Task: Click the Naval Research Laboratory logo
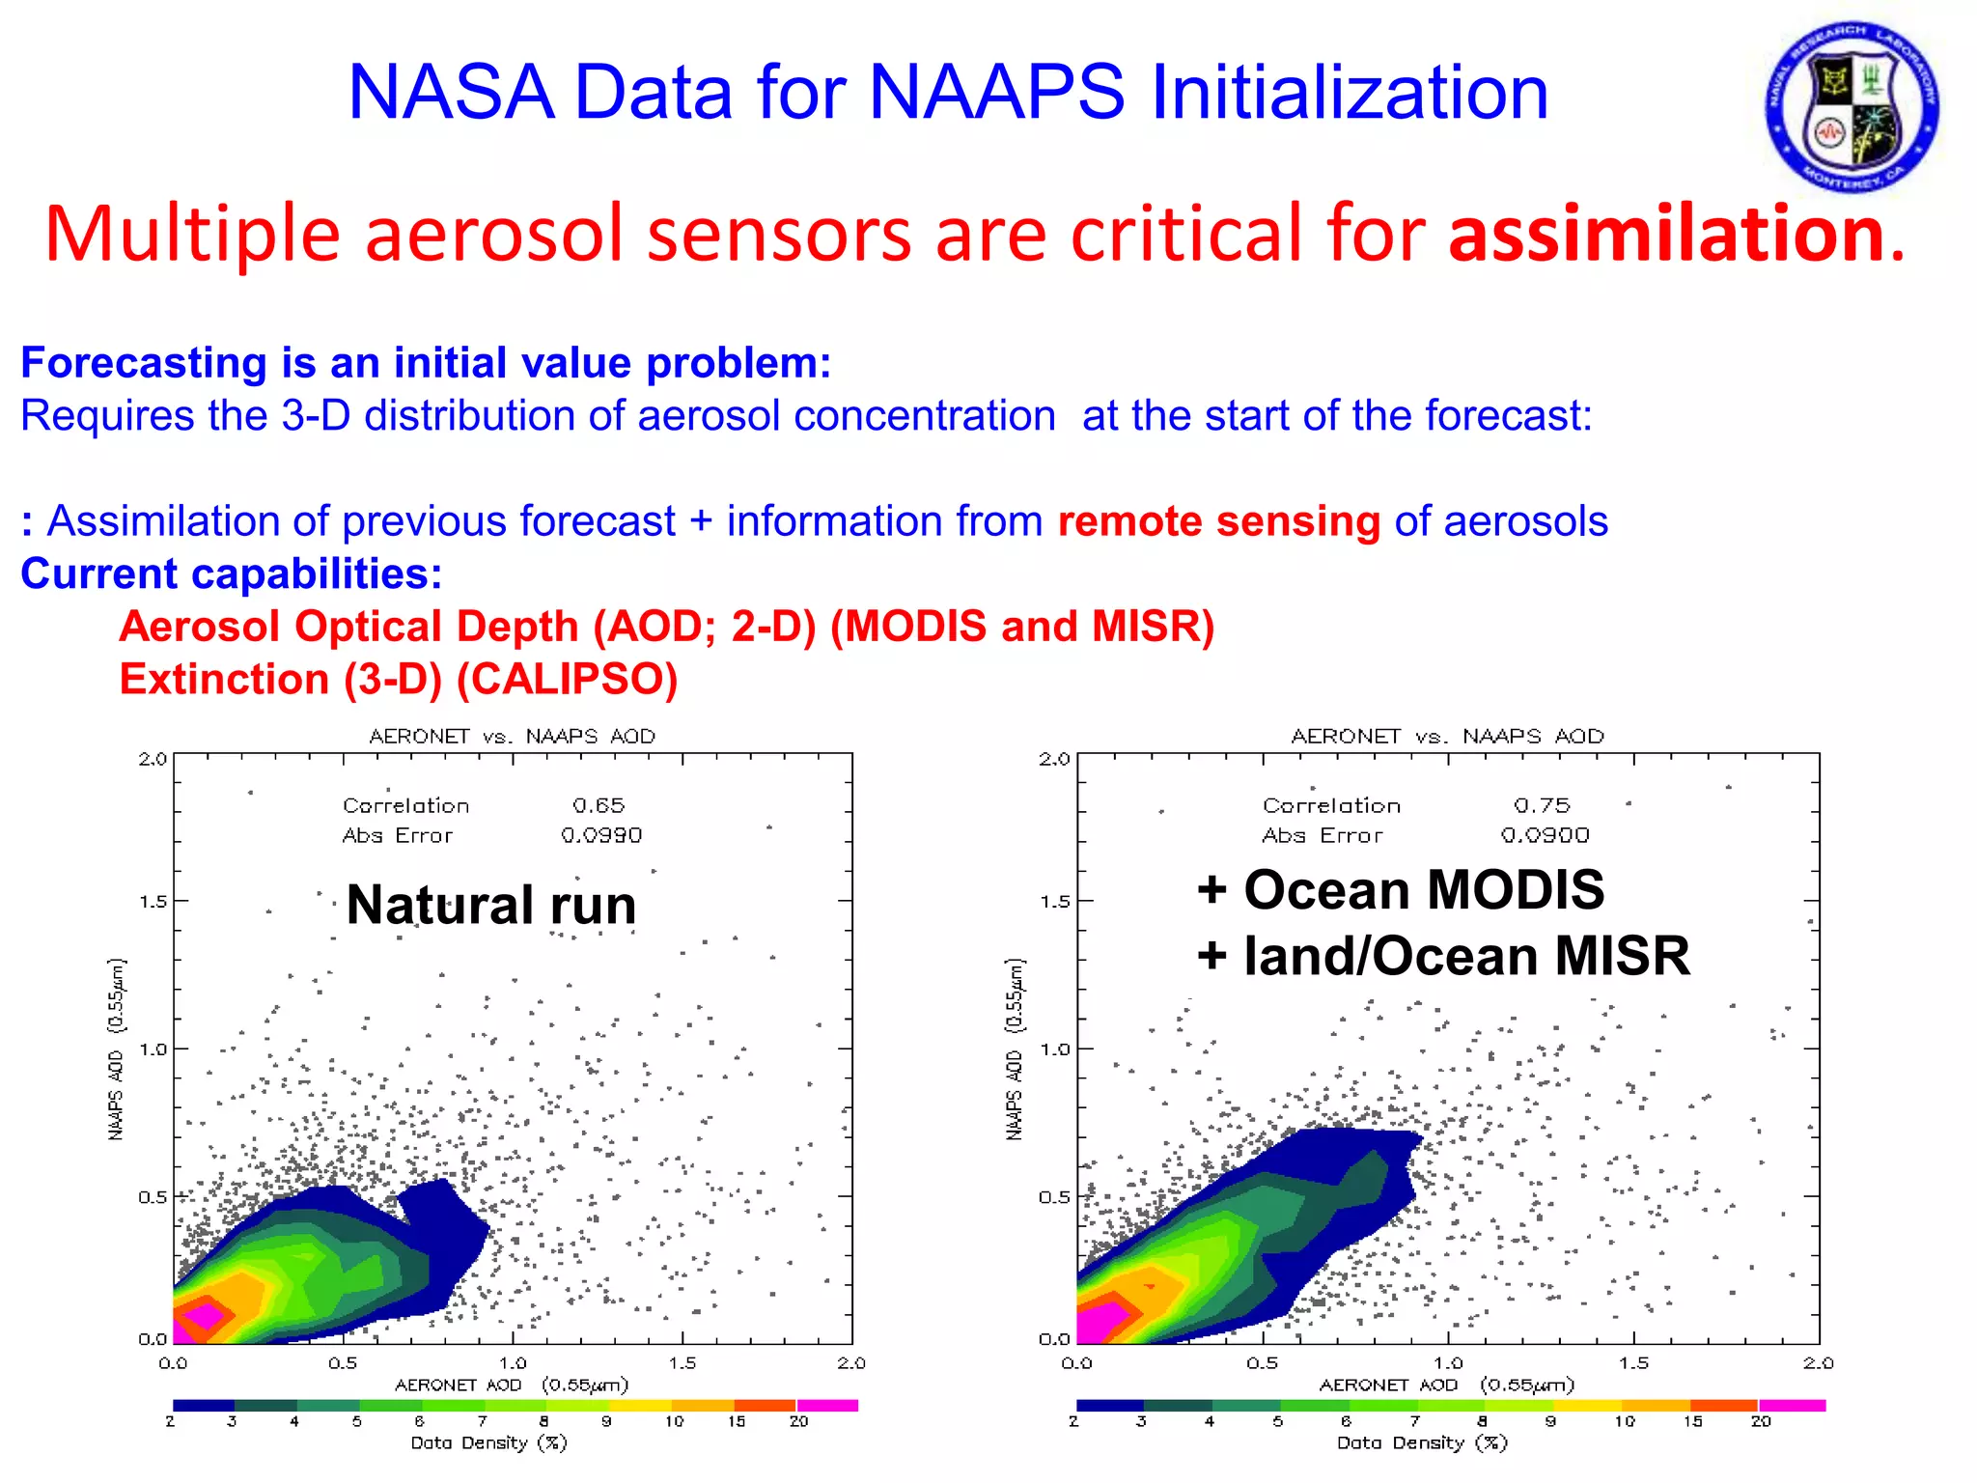pos(1852,106)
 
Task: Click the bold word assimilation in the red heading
pos(1666,234)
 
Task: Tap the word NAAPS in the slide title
pos(996,93)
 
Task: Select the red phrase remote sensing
pos(1219,521)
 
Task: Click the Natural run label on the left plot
pos(490,906)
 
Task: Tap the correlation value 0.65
pos(599,805)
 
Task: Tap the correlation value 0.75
pos(1542,805)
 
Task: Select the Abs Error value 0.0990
pos(601,835)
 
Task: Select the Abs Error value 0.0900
pos(1545,835)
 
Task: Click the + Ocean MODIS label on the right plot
pos(1400,889)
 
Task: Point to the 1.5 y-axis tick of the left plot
pos(153,902)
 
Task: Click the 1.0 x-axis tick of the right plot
pos(1448,1363)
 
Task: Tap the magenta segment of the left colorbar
pos(827,1406)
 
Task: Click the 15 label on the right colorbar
pos(1692,1421)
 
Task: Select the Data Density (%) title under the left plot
pos(488,1443)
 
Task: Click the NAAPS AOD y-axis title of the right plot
pos(1015,1049)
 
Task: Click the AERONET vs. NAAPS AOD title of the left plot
pos(512,737)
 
